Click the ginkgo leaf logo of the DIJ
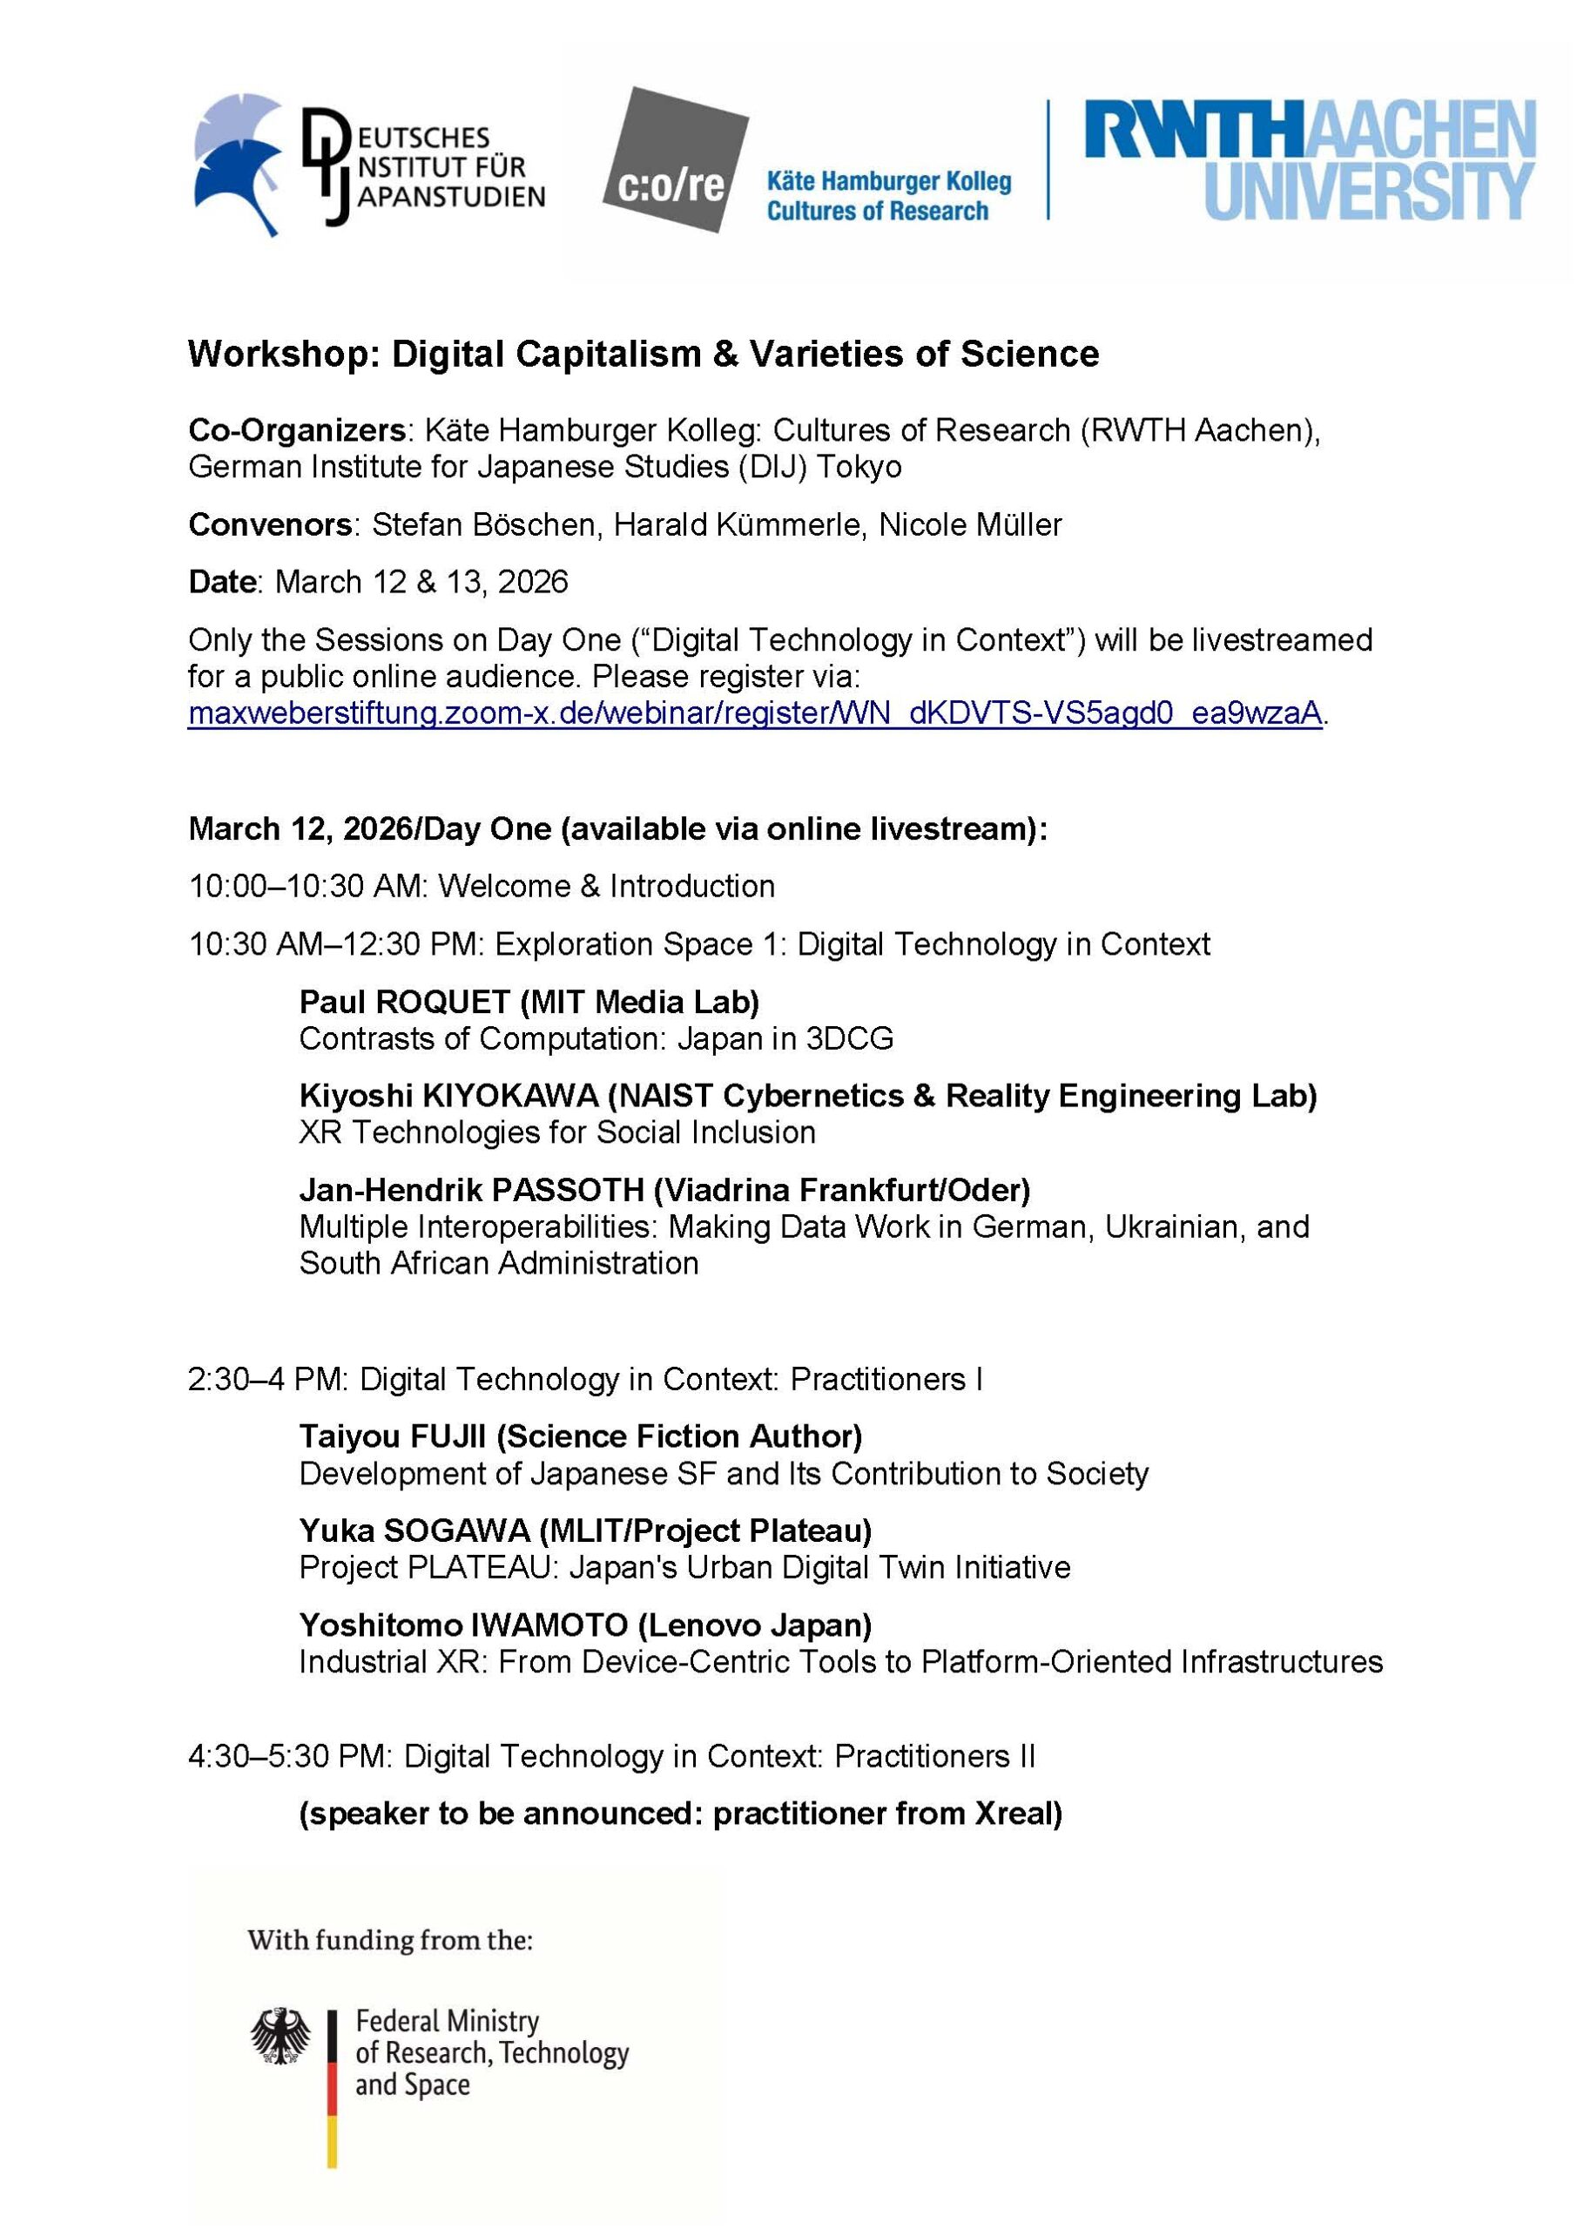click(238, 163)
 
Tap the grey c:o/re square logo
click(675, 160)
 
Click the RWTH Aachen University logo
click(1310, 160)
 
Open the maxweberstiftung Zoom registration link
click(754, 713)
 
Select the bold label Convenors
click(270, 524)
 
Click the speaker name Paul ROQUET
click(404, 1002)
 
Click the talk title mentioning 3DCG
click(596, 1038)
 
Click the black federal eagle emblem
click(280, 2036)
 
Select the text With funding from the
click(389, 1941)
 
